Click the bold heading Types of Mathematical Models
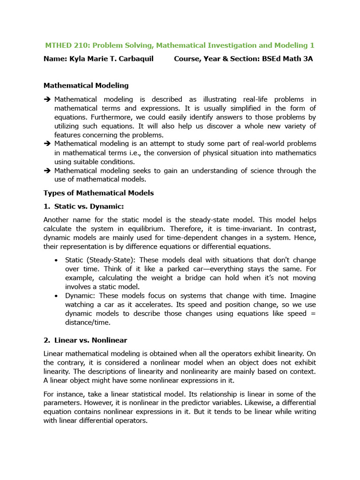pos(98,193)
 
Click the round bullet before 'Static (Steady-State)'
pos(57,260)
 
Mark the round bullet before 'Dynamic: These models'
pos(57,296)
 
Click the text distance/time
pos(87,322)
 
